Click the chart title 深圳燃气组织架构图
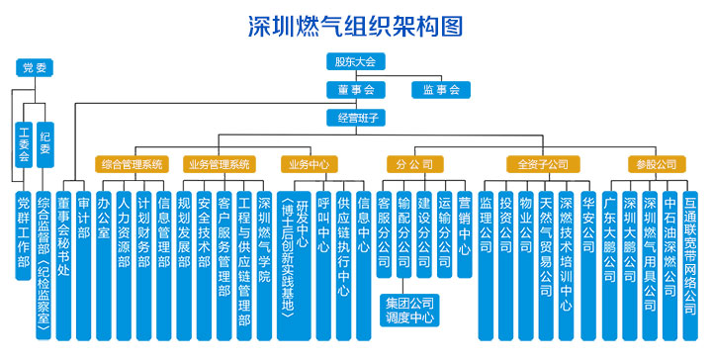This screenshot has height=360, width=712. point(355,25)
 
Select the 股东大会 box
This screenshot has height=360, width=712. point(355,61)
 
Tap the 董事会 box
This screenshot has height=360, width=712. point(355,89)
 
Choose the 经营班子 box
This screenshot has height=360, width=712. point(355,118)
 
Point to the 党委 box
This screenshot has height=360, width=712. point(36,68)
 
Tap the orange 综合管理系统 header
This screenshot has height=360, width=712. point(131,164)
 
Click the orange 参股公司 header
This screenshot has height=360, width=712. point(652,164)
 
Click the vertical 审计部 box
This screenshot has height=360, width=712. point(83,218)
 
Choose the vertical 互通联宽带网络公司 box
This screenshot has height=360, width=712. point(689,247)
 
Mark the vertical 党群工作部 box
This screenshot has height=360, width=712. point(23,233)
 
